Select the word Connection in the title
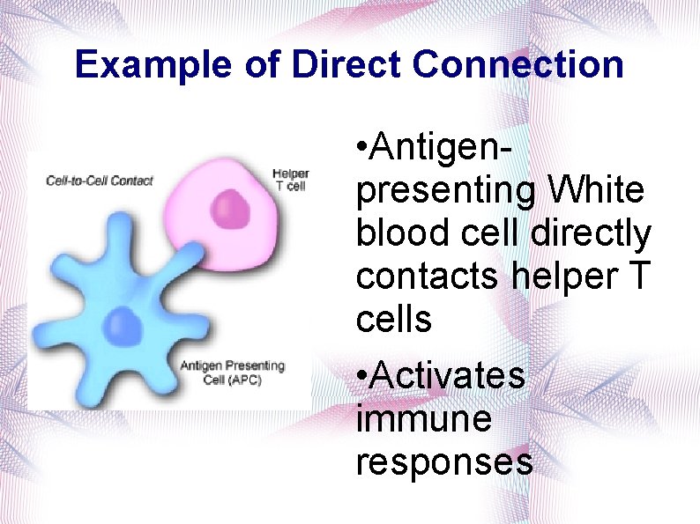point(518,65)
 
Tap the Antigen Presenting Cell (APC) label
point(233,372)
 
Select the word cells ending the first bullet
point(394,320)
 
